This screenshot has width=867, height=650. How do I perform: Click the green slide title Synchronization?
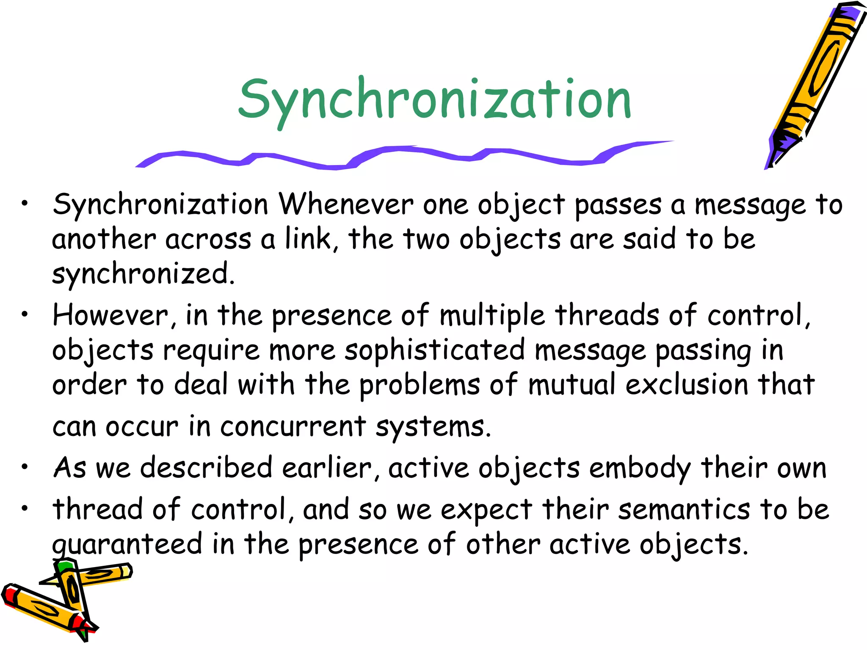[435, 100]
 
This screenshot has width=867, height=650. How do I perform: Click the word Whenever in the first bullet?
[345, 205]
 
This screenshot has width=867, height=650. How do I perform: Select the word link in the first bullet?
[307, 239]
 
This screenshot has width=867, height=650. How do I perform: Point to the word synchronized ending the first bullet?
[143, 274]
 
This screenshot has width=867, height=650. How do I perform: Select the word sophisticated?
[434, 351]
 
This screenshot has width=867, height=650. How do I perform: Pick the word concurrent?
[293, 427]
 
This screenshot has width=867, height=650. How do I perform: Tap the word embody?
[640, 469]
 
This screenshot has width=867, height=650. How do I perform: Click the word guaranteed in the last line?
[127, 545]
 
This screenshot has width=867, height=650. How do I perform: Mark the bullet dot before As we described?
[25, 467]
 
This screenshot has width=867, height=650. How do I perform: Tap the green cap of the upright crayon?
[64, 566]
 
